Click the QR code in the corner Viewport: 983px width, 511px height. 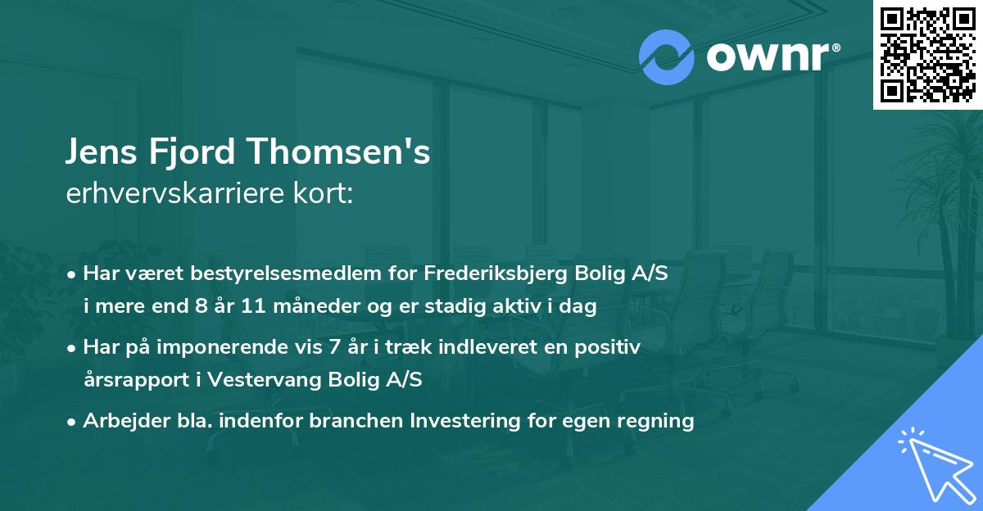[x=928, y=54]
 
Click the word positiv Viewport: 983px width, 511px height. [x=610, y=347]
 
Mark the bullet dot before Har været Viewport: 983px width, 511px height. [x=73, y=274]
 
